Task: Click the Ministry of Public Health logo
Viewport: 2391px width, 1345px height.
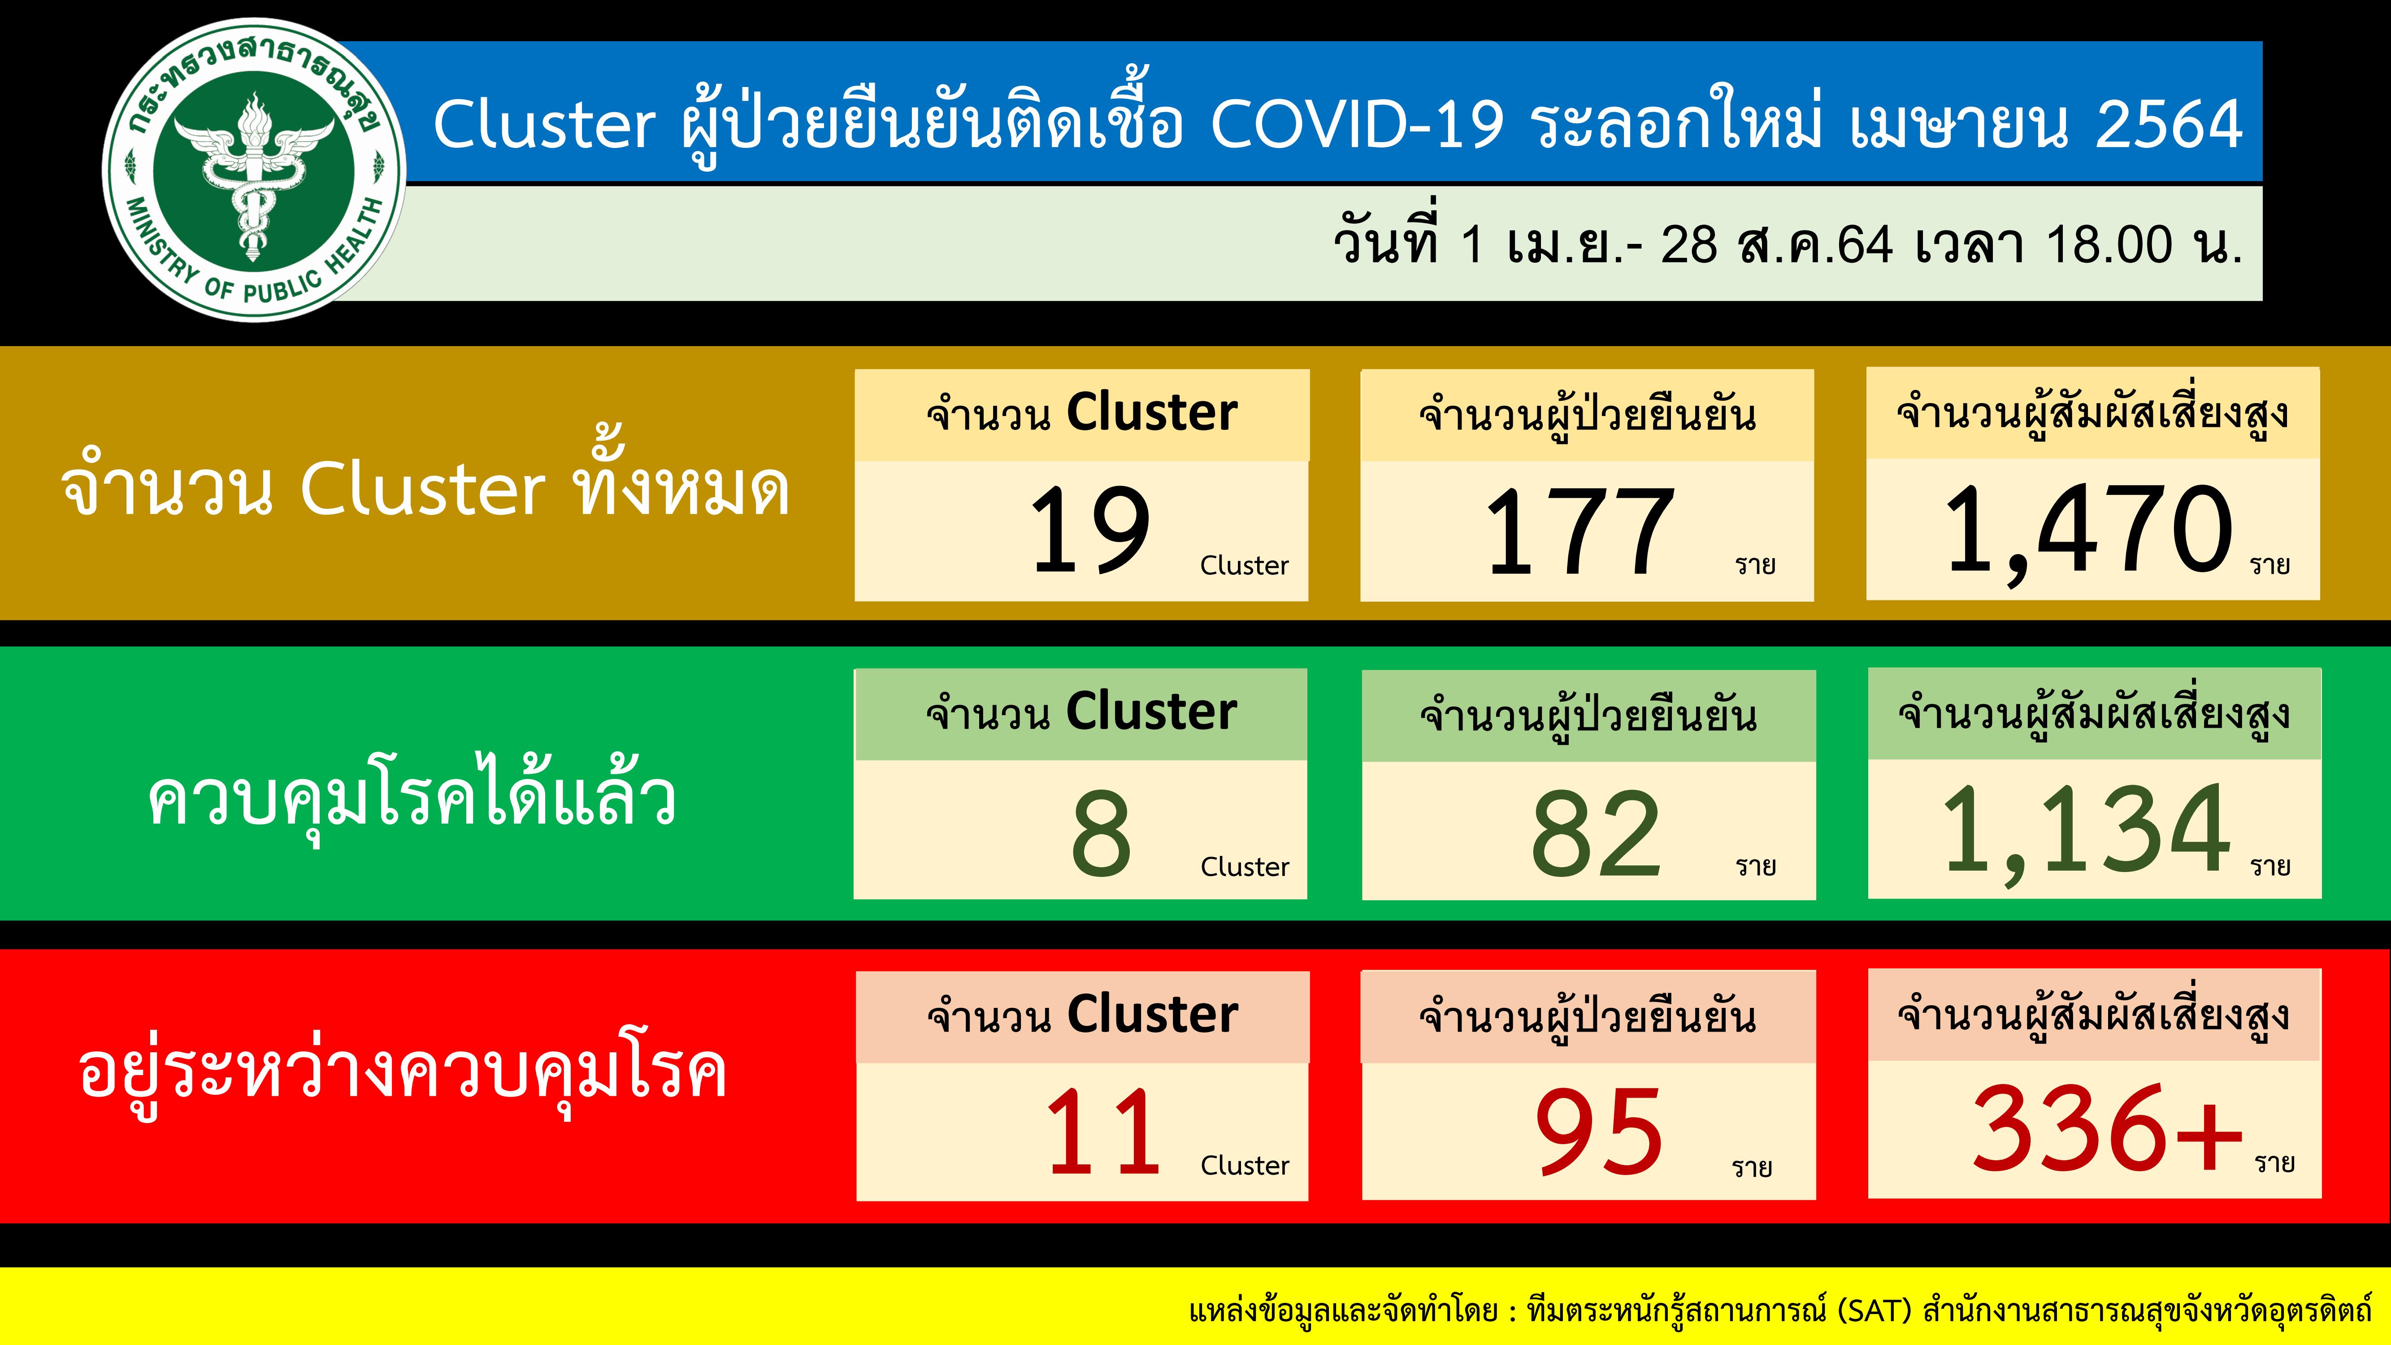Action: click(x=253, y=170)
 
